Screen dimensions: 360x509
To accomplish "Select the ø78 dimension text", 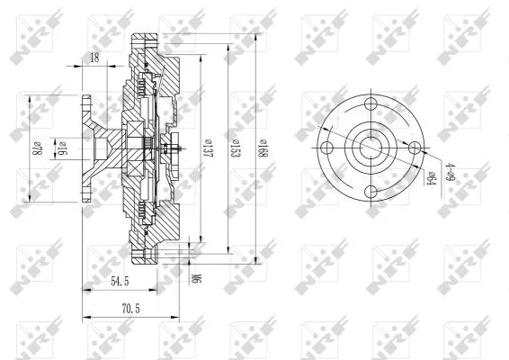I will [39, 148].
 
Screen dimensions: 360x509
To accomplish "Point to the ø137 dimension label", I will [208, 146].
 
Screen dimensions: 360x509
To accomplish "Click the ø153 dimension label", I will [235, 146].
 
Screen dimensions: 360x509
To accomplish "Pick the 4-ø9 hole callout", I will [450, 170].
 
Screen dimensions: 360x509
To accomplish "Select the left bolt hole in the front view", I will [327, 146].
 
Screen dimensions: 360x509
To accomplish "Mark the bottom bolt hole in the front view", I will [371, 190].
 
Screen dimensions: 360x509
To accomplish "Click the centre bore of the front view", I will [371, 146].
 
